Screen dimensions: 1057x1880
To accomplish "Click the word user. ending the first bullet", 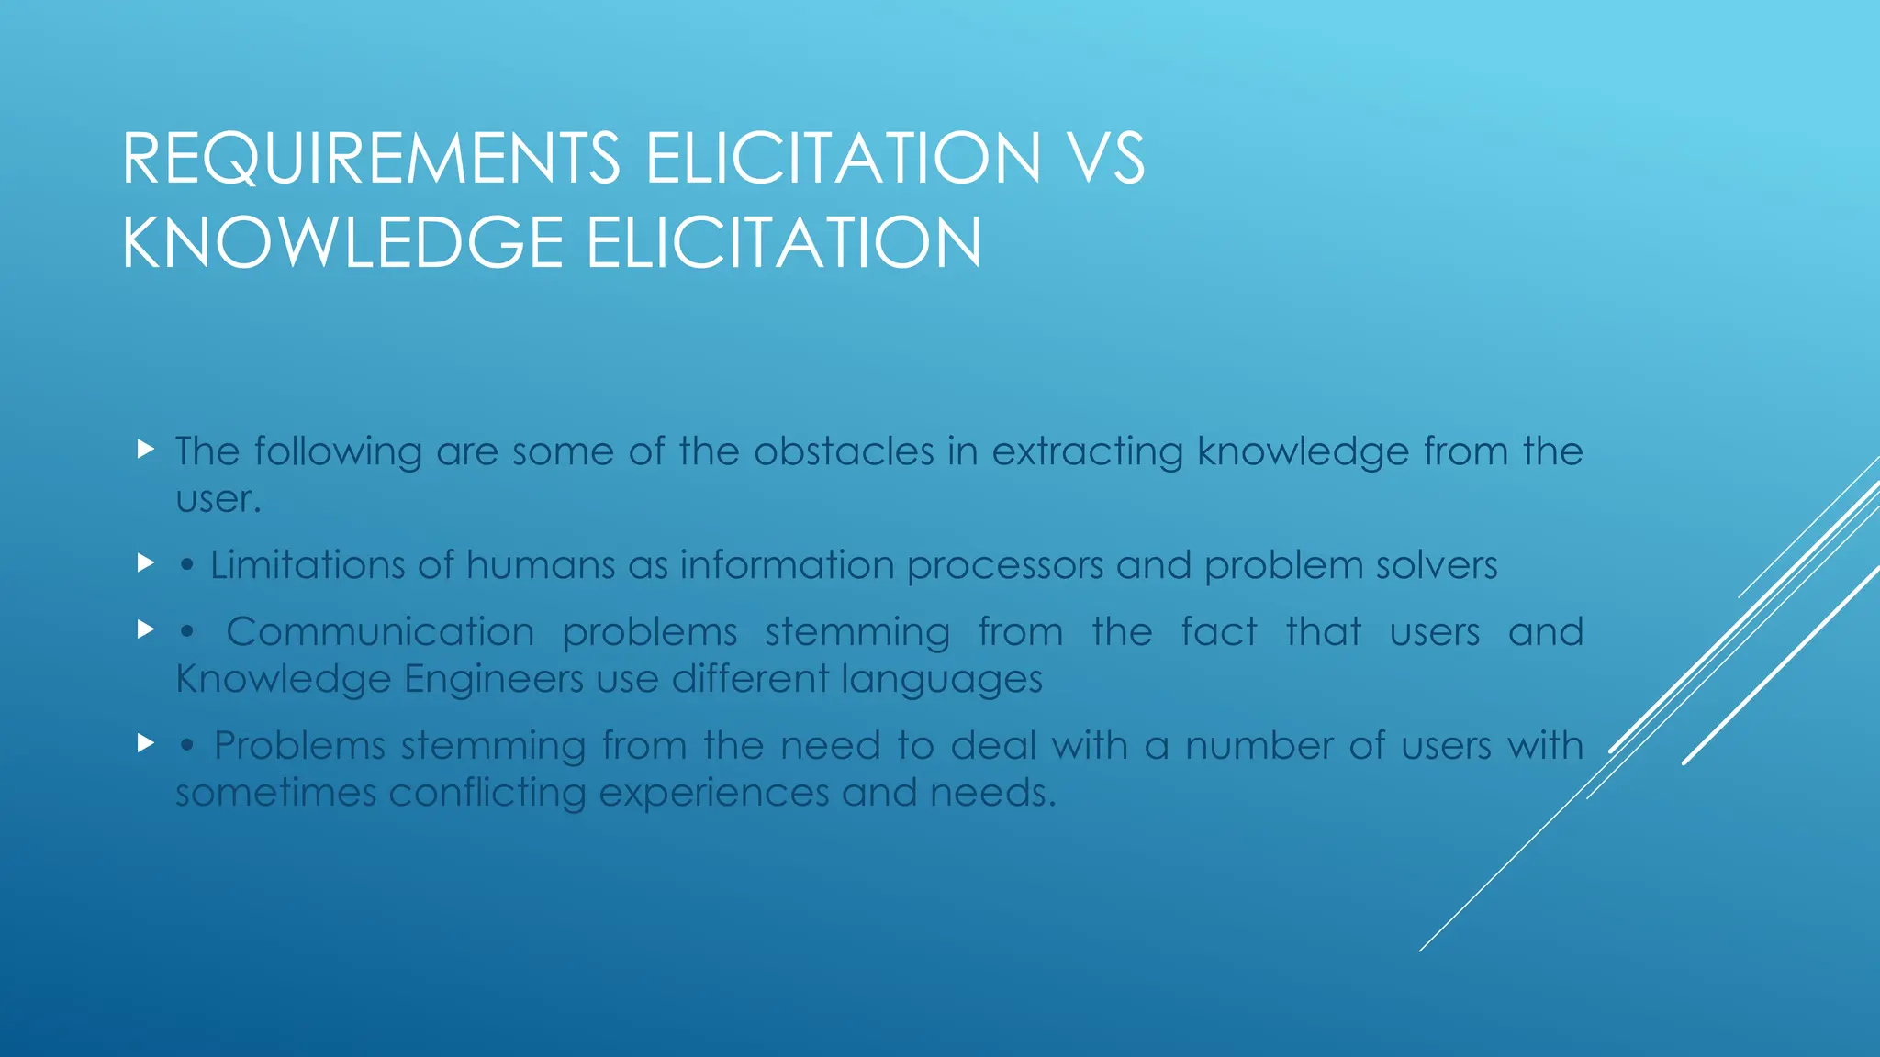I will (x=218, y=500).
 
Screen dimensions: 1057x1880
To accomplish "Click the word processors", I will (x=1005, y=566).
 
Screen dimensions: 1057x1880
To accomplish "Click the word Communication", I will (x=380, y=632).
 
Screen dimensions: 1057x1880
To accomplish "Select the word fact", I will (x=1218, y=632).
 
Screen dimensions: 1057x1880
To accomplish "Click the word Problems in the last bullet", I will (x=299, y=746).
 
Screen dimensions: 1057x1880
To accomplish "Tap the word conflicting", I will (x=487, y=794).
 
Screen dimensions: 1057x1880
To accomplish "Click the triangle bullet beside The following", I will (x=145, y=450).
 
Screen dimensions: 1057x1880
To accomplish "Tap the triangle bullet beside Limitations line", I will (x=145, y=562).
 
